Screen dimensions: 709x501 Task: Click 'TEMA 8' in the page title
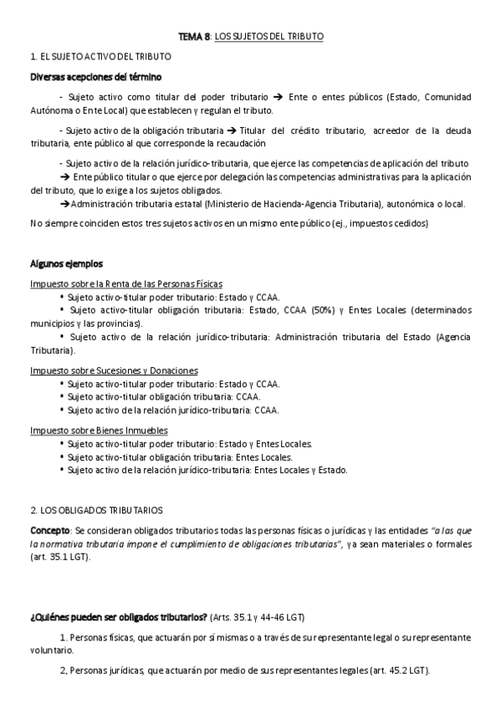(x=194, y=37)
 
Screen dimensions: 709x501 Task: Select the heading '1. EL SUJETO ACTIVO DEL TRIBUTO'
(x=100, y=57)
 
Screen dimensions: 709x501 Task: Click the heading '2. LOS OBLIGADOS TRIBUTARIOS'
(x=96, y=510)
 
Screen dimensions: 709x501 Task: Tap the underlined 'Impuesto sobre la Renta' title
(x=125, y=283)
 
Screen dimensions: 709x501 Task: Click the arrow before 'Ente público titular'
(x=65, y=177)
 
